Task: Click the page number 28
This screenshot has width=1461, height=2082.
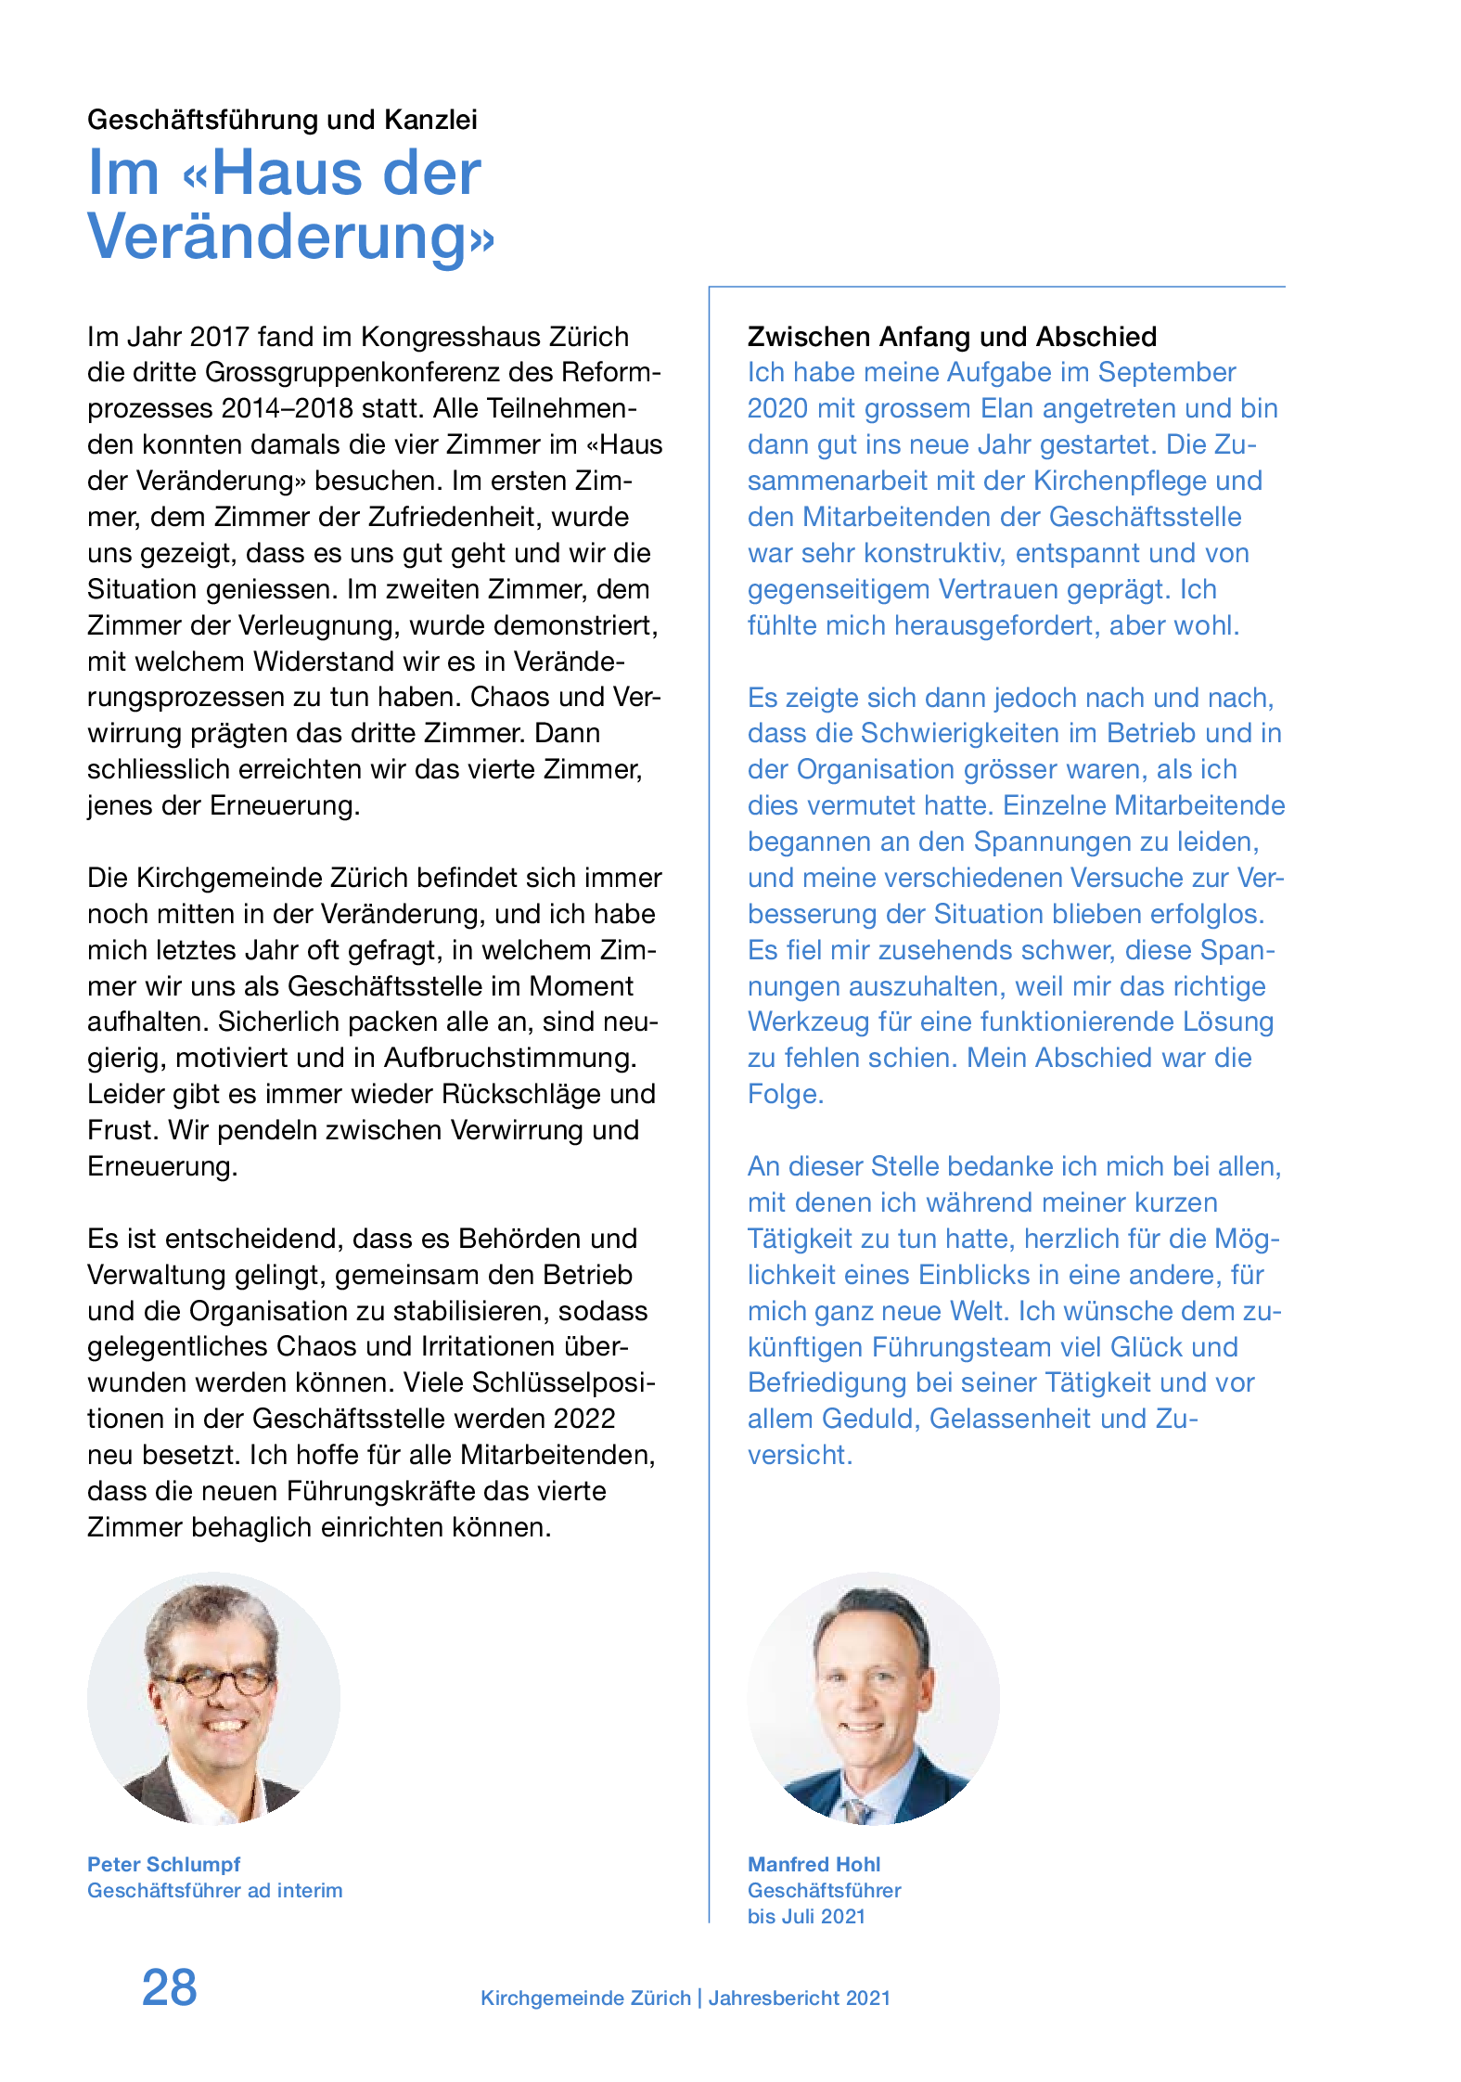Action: click(169, 1987)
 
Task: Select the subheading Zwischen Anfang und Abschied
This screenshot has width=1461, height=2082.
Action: click(952, 336)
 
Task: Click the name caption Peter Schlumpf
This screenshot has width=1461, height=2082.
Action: click(163, 1864)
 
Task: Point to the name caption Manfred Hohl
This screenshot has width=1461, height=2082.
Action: click(814, 1864)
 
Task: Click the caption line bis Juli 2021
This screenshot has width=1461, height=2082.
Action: click(806, 1916)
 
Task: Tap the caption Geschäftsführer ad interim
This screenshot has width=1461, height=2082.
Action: click(214, 1890)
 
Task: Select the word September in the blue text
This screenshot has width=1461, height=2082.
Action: click(1166, 372)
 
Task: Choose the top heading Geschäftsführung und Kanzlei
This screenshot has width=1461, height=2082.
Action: click(282, 120)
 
